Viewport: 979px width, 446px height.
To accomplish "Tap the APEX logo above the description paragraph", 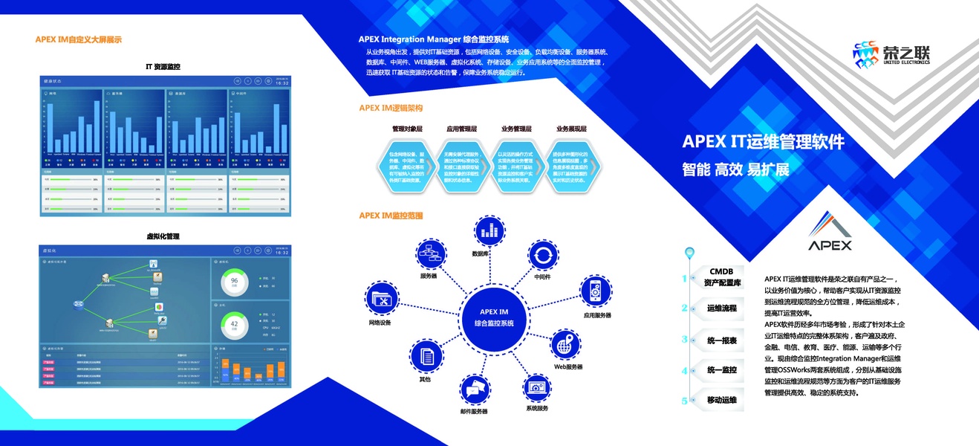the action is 830,232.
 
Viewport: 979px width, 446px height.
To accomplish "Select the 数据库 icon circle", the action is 488,230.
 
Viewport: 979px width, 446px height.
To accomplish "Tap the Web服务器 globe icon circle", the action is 567,346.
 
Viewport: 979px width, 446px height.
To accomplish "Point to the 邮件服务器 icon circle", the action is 475,390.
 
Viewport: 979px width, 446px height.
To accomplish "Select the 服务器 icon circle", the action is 429,254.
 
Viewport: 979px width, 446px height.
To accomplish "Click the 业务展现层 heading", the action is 571,129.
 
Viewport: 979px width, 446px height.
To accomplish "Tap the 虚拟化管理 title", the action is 163,236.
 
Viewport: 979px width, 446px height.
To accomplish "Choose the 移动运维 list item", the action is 721,400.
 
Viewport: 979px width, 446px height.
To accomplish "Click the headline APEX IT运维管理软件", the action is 763,142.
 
